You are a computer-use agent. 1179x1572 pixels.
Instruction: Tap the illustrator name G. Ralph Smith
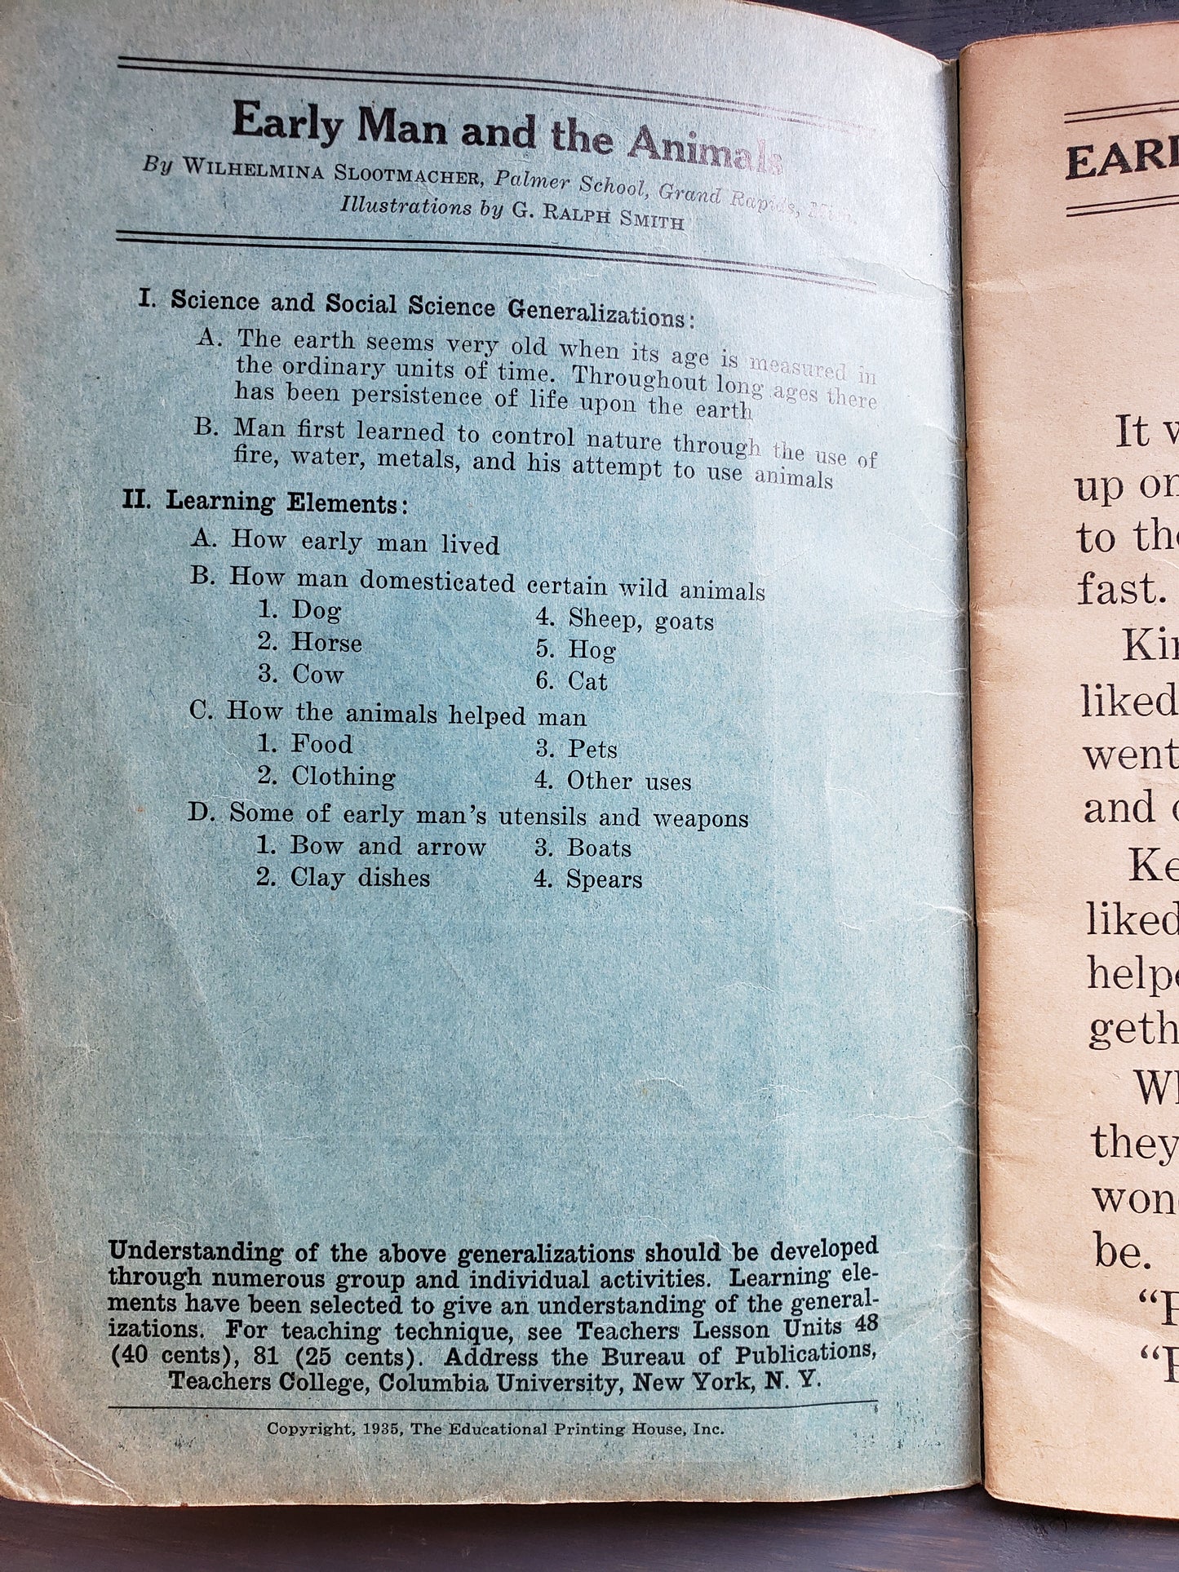(598, 216)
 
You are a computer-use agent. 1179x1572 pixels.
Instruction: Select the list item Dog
(316, 610)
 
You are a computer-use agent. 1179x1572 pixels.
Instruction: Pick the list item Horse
(326, 643)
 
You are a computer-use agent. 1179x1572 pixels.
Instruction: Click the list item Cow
(317, 675)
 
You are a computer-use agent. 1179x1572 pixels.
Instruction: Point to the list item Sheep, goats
(640, 621)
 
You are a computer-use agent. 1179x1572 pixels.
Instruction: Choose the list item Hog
(592, 650)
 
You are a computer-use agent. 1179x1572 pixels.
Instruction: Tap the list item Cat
(587, 681)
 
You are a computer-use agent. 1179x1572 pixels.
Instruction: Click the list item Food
(321, 744)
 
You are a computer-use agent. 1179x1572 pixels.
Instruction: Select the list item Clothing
(343, 776)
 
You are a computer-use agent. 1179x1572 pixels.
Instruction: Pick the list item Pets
(592, 749)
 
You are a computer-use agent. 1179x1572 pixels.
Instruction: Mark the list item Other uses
(629, 782)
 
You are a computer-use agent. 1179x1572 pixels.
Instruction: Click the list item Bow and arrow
(388, 846)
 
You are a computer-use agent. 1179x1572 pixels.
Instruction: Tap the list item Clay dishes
(360, 878)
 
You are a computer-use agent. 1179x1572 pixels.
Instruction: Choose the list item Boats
(599, 848)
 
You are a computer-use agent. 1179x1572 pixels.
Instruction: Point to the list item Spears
(604, 879)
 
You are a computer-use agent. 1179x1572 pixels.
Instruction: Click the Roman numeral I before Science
(146, 299)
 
